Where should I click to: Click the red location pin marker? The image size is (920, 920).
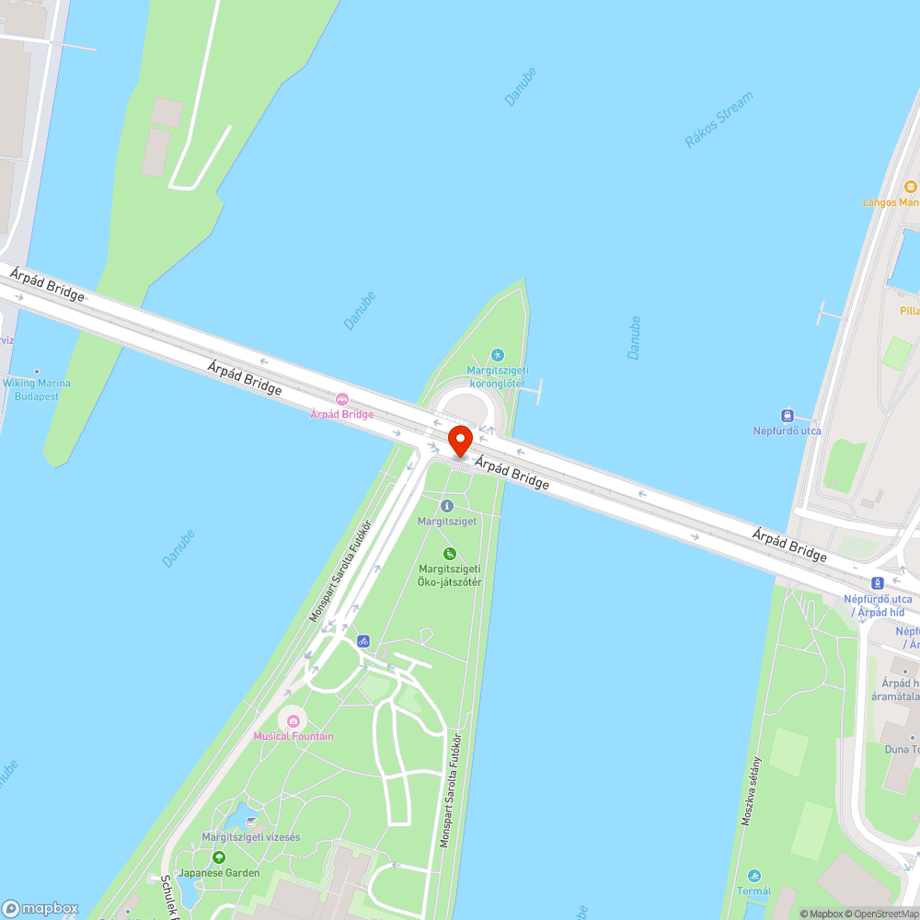pos(459,441)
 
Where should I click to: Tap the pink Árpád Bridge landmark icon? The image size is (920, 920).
pos(342,398)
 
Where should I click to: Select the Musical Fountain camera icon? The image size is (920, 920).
pos(293,720)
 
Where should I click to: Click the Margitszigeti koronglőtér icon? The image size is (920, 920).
pos(498,354)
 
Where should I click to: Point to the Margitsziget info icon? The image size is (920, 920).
pos(447,506)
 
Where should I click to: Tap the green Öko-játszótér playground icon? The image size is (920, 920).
pos(450,553)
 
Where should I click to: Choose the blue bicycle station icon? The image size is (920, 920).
pos(363,640)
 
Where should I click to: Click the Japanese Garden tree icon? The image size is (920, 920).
pos(219,857)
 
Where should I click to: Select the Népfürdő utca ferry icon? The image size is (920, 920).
pos(787,416)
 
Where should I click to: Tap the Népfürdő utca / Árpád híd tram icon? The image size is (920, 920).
pos(878,583)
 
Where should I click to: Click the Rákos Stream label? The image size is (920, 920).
pos(719,120)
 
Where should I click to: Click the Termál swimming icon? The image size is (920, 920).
pos(754,875)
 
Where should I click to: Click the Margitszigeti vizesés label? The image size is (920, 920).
pos(251,837)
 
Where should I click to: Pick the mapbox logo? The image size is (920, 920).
pos(40,908)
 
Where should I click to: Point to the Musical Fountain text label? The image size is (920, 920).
pos(293,736)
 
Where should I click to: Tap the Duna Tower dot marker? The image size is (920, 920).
pos(913,737)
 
